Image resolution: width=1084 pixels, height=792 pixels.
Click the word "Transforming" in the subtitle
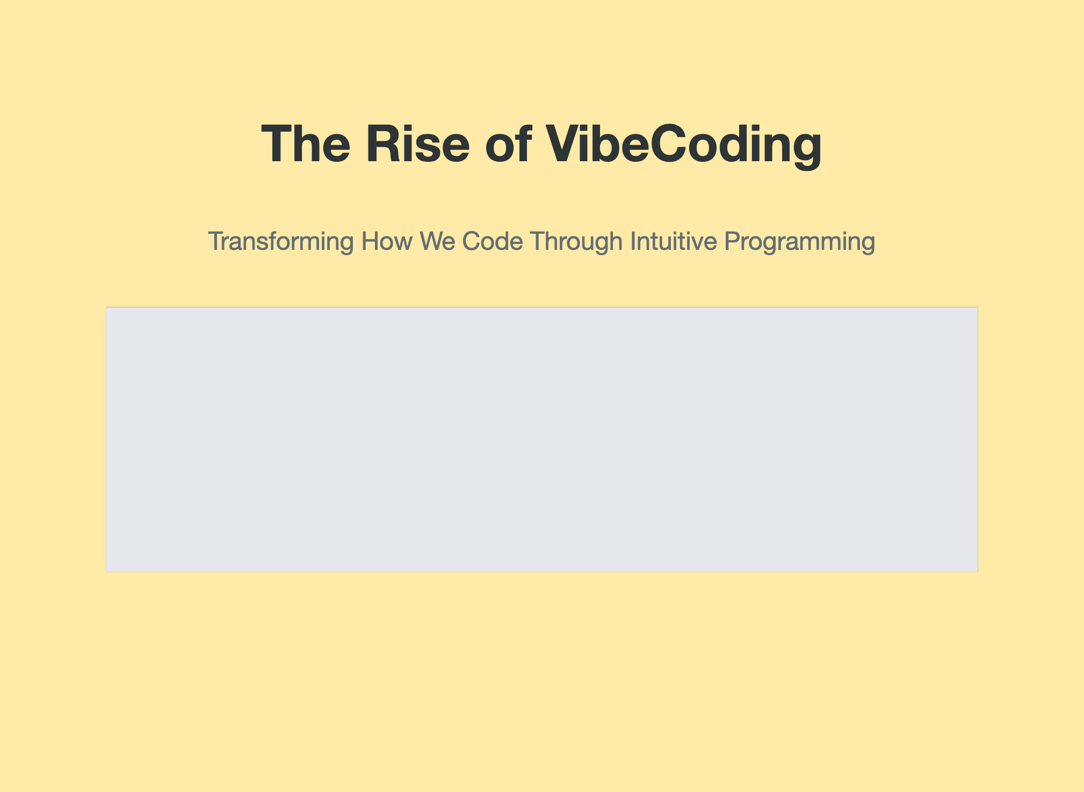tap(281, 242)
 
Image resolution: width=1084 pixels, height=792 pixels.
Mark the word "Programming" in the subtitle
tap(800, 242)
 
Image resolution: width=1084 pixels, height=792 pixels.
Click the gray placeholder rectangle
tap(542, 440)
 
